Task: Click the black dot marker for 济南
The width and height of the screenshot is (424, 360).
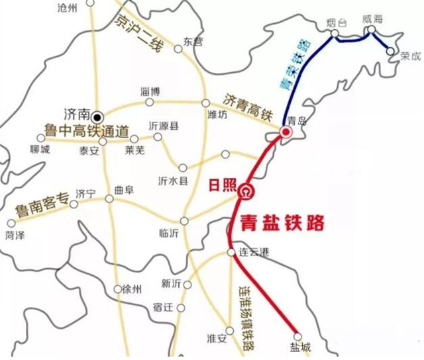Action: click(x=97, y=113)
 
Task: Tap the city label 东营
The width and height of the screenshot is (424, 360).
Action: click(x=191, y=41)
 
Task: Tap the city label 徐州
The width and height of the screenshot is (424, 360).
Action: click(x=123, y=289)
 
